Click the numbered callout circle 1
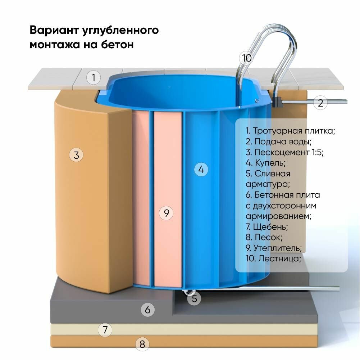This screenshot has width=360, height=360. point(94,78)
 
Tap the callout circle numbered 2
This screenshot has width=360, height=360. point(320,103)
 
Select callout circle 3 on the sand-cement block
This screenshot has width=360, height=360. point(76,155)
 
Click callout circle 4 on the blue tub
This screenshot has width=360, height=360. point(201,169)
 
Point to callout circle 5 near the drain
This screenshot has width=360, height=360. point(194,298)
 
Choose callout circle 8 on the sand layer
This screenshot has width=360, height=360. point(142,345)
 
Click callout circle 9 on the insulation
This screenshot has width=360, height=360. point(166,213)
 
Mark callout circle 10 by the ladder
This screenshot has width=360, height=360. point(247,58)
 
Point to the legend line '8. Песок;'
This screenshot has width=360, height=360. point(264,238)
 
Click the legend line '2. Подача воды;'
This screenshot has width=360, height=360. point(278,141)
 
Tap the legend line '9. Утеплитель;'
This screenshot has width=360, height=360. point(274,248)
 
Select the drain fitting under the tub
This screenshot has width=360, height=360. point(188,292)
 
